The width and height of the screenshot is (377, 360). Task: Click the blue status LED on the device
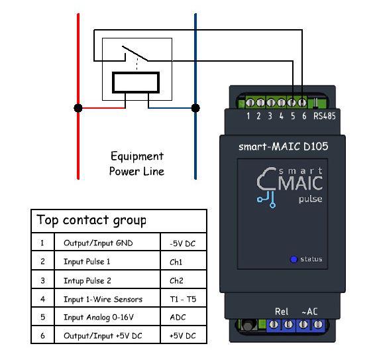(294, 259)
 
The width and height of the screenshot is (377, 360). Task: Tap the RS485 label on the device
(325, 116)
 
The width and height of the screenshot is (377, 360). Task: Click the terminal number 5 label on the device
(293, 116)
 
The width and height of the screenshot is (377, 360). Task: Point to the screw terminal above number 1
(250, 103)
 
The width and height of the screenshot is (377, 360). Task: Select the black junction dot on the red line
(78, 108)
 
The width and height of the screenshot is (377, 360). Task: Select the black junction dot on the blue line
(195, 108)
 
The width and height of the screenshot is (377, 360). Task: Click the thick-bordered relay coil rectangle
(136, 82)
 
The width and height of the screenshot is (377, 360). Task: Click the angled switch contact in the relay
(135, 53)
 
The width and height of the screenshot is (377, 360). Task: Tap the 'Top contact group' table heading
(91, 220)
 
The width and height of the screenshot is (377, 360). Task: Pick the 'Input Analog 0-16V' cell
(99, 318)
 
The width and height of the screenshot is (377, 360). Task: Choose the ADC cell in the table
(178, 318)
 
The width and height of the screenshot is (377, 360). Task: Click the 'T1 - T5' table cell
(183, 299)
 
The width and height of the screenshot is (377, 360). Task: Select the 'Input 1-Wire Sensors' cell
(103, 299)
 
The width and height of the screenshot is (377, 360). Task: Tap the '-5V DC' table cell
(182, 243)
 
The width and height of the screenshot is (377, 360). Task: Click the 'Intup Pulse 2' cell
(87, 280)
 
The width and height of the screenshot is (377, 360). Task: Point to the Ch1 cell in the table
(176, 262)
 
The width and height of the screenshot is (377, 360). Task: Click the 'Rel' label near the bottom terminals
(282, 312)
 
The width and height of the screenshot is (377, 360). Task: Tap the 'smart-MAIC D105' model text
(283, 147)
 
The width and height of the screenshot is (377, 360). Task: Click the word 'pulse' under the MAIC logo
(310, 200)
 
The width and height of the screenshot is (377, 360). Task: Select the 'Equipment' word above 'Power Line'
(137, 156)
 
